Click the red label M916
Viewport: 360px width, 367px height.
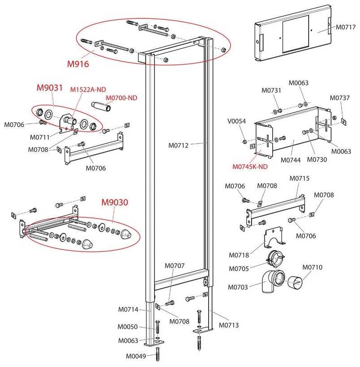point(78,64)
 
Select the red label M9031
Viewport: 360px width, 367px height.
point(50,88)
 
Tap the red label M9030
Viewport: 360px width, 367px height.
point(115,202)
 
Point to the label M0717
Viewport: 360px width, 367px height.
point(346,27)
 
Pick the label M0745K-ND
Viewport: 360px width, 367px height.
point(250,167)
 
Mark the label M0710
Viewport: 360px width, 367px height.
point(312,267)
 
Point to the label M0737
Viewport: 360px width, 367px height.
point(339,98)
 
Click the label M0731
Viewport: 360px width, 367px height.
point(272,91)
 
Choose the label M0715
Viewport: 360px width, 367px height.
point(300,178)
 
